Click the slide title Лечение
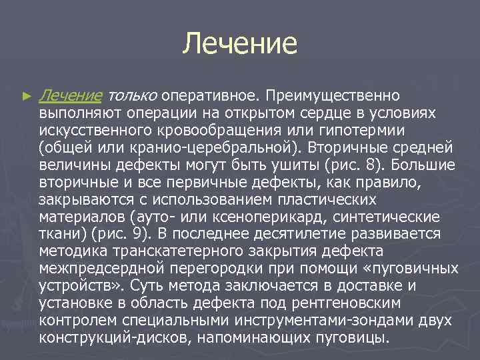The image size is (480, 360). point(240,43)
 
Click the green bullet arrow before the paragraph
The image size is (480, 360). point(27,97)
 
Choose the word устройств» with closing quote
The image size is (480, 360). point(81,285)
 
